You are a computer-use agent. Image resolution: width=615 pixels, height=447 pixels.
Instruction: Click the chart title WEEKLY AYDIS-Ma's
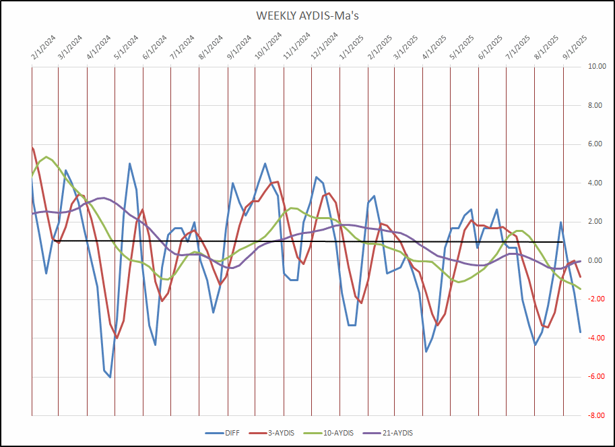[307, 16]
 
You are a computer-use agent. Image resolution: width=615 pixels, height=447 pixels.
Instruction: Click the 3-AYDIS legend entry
[278, 432]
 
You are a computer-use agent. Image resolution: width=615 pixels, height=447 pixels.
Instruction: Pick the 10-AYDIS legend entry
[335, 432]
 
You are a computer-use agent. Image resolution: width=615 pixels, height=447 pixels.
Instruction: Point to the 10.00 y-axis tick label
[597, 67]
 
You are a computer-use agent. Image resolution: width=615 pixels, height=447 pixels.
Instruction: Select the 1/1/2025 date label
[346, 49]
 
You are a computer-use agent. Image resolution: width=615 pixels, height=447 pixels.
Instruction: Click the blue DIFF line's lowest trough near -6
[110, 377]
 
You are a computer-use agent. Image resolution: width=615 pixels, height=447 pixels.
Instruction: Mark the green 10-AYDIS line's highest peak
[46, 157]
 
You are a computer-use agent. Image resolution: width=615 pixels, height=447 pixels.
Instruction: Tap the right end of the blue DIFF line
[580, 332]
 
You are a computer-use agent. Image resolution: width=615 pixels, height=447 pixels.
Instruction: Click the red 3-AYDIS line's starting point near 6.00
[32, 147]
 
